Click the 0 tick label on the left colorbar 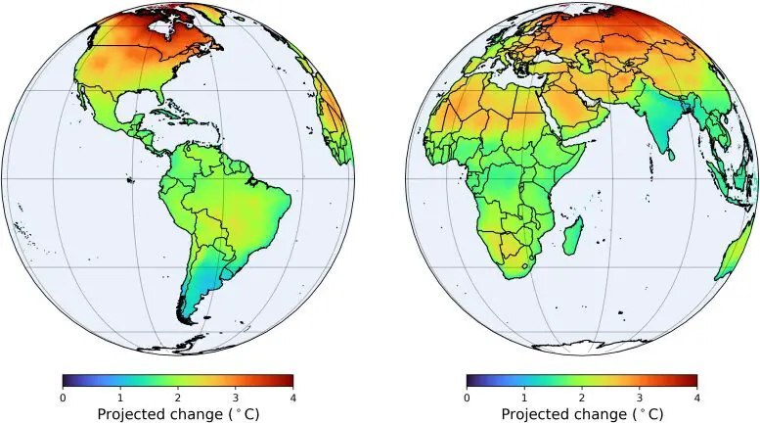click(63, 397)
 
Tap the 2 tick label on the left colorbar click(178, 397)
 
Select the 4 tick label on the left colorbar click(292, 397)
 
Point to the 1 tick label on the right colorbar click(524, 397)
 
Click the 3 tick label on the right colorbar click(639, 397)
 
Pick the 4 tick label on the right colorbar click(696, 397)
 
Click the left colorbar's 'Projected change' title click(177, 413)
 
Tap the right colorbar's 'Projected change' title click(581, 413)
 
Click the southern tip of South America click(187, 316)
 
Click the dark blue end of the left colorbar click(66, 380)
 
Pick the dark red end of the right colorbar click(693, 380)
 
